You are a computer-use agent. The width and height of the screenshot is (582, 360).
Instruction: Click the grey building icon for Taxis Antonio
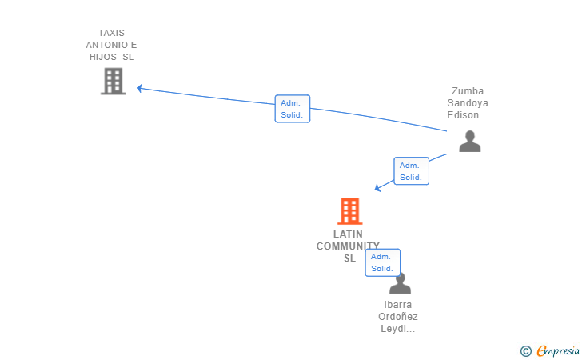[114, 81]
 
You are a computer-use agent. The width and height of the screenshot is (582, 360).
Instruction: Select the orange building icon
[349, 211]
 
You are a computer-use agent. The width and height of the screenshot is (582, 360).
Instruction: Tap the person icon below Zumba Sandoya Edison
[470, 141]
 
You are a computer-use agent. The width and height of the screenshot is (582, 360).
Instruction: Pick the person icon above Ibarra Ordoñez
[400, 283]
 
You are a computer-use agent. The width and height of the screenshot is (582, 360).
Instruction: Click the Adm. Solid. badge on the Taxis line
[293, 109]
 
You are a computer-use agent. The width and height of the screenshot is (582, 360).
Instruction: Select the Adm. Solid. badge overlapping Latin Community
[383, 262]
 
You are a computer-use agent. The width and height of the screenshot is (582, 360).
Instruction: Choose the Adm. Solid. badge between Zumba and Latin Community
[411, 171]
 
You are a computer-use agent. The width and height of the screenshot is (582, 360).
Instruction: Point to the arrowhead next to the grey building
[139, 89]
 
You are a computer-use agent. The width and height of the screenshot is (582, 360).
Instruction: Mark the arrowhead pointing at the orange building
[377, 188]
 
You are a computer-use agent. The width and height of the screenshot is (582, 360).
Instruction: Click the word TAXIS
[111, 33]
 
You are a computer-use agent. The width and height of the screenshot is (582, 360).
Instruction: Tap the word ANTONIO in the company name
[107, 45]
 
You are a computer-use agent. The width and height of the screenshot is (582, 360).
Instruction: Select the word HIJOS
[103, 57]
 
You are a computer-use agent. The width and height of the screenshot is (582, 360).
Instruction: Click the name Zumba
[468, 91]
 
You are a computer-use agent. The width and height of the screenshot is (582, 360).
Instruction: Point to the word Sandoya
[468, 103]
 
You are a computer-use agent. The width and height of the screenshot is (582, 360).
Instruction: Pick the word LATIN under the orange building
[348, 234]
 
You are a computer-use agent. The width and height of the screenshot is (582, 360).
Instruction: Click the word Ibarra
[398, 305]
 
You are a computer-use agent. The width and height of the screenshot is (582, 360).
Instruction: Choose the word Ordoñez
[398, 317]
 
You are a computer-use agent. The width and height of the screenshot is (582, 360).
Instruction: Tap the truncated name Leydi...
[398, 329]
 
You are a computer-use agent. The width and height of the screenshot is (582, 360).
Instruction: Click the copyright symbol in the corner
[526, 351]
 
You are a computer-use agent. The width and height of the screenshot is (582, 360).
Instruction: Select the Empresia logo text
[558, 350]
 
